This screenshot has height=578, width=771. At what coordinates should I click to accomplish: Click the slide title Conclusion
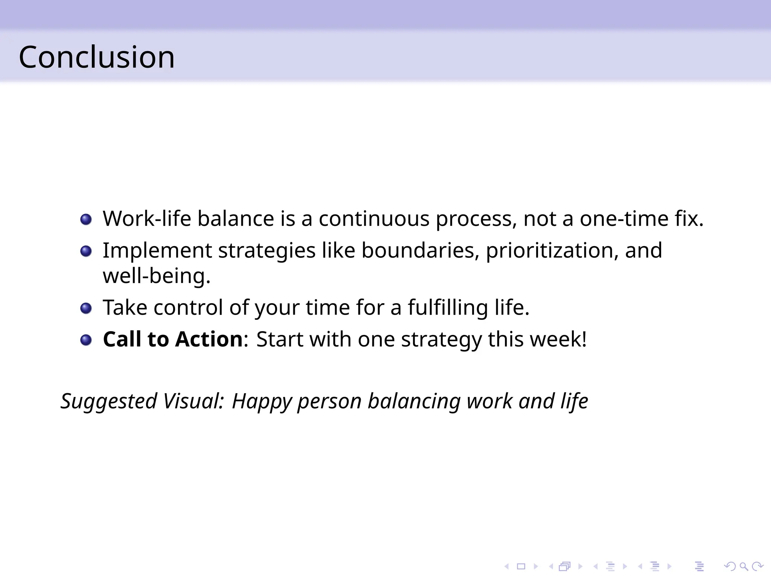97,57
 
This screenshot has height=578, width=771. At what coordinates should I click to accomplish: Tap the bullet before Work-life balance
86,219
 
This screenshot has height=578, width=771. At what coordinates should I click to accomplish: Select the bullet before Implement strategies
86,251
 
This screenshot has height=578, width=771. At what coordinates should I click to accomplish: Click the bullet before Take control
86,309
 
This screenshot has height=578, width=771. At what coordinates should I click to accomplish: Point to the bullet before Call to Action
86,340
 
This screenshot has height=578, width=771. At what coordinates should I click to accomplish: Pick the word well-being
156,276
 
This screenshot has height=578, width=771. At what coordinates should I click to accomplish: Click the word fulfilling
448,307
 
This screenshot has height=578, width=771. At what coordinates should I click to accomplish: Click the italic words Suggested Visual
142,401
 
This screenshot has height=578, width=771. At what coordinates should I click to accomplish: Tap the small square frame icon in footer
521,566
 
